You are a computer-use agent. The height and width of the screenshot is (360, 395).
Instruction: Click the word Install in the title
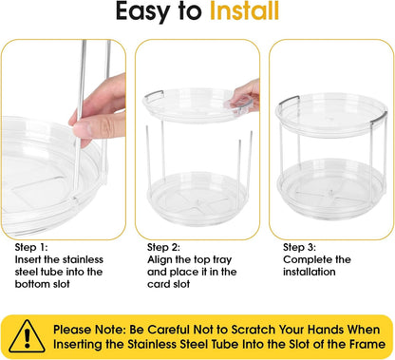point(244,11)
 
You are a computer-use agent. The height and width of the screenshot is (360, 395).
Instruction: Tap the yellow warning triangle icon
point(27,336)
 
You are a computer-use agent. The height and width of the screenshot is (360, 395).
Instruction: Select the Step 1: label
point(31,247)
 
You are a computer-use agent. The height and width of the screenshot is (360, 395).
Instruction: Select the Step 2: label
point(163,247)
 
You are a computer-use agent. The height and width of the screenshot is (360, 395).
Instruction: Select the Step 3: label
point(299,247)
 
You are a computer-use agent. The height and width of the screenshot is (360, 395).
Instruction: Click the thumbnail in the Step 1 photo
point(82,130)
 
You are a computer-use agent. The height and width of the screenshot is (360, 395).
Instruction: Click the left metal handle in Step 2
point(155,94)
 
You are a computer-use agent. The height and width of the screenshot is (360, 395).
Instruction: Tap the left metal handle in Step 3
point(289,101)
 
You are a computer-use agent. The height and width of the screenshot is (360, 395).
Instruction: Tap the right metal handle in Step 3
point(379,117)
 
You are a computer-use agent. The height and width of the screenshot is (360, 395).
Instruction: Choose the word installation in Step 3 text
point(310,272)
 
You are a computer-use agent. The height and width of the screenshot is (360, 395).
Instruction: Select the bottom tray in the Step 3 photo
point(331,184)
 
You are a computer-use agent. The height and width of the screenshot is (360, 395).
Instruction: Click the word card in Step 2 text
point(158,284)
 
